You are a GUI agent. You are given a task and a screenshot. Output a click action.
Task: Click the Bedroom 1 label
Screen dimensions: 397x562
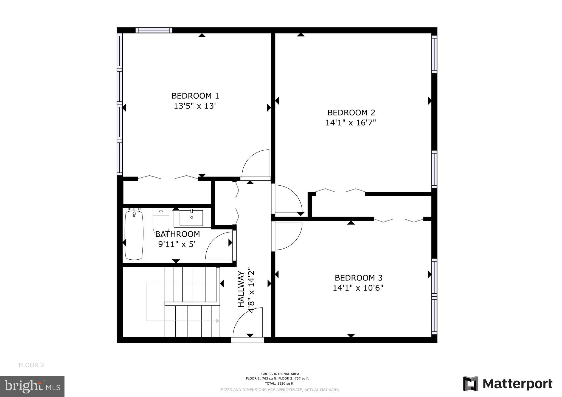195,96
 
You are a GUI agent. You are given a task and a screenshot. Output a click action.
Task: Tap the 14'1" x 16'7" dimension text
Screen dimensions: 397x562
350,123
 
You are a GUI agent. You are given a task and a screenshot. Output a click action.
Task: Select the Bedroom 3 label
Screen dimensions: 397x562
358,278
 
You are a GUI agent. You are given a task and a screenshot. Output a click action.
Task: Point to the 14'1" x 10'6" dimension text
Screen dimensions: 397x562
358,288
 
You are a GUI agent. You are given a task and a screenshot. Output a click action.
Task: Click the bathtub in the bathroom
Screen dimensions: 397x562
134,235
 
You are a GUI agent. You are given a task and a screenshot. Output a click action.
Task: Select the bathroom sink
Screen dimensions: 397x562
191,218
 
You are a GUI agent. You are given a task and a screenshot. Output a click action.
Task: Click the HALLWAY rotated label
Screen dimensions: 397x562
241,289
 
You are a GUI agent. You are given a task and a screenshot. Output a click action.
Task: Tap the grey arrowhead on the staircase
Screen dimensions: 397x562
218,321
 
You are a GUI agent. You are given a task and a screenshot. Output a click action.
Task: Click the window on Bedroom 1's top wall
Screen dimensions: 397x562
154,30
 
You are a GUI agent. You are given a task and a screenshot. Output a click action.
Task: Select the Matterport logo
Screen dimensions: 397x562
508,384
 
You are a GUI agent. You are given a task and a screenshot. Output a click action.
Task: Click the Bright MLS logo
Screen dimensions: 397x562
32,386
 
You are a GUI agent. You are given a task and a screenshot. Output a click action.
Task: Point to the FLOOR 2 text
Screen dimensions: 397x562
31,365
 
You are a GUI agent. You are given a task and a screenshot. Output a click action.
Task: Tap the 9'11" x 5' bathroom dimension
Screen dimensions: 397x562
177,244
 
